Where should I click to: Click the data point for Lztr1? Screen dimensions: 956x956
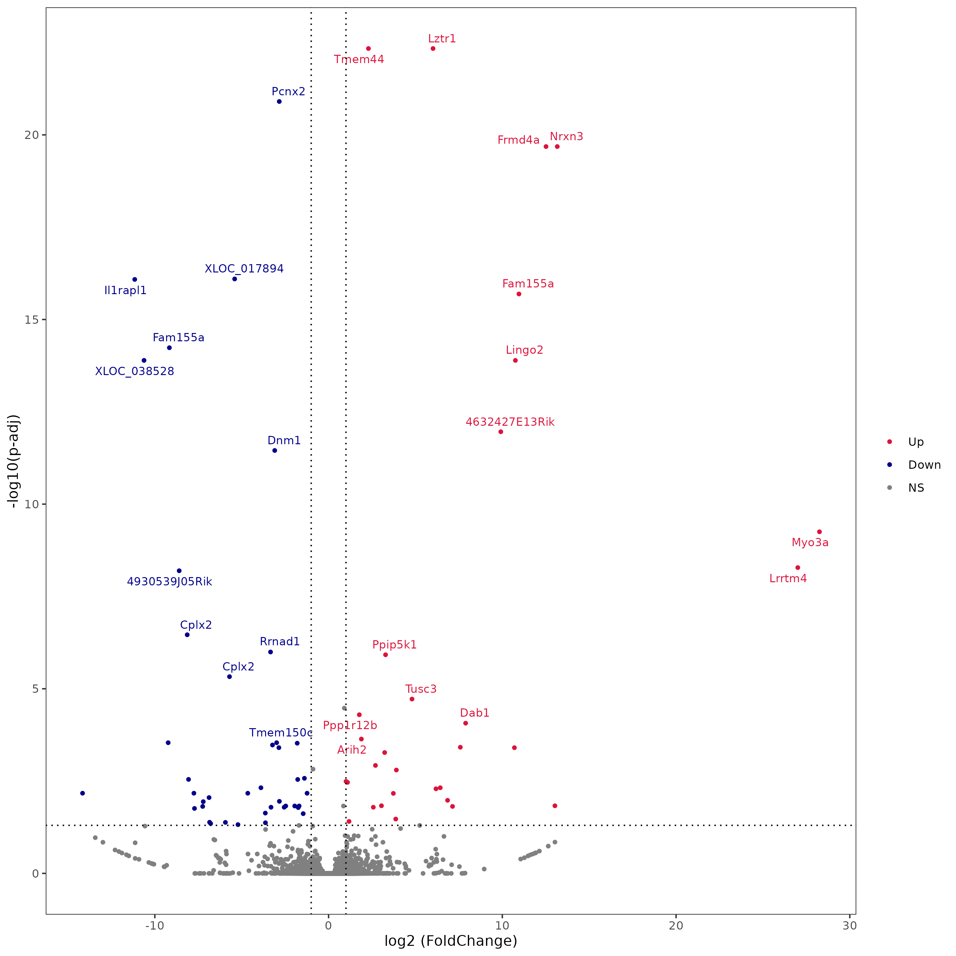coord(433,48)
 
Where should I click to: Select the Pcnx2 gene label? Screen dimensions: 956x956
coord(288,91)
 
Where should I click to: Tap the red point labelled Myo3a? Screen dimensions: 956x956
coord(819,532)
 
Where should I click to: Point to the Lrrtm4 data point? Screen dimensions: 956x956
coord(798,568)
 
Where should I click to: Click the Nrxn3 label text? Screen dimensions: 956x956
coord(567,137)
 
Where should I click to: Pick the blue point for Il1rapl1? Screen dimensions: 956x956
coord(134,279)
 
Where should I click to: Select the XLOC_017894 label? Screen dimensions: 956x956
coord(244,269)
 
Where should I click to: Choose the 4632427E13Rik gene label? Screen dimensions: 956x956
coord(510,422)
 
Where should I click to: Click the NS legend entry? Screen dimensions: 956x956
coord(916,488)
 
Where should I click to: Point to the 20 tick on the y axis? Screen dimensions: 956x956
coord(31,135)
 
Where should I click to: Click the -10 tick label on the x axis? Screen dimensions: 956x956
coord(154,926)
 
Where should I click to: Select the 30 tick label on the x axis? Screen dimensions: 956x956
coord(850,926)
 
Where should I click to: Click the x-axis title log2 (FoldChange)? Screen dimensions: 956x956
coord(451,941)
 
